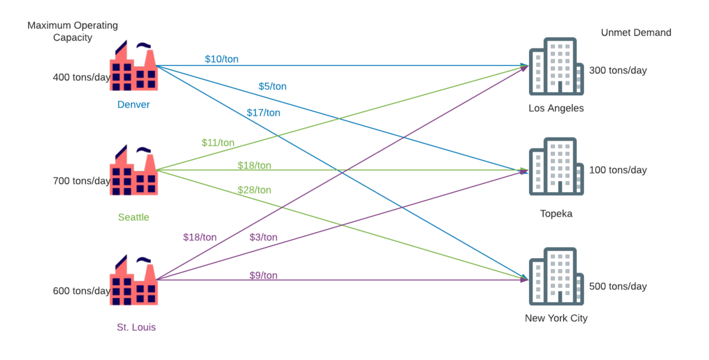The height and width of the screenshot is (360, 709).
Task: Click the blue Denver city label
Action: click(133, 105)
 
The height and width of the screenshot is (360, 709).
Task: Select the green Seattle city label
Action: click(133, 217)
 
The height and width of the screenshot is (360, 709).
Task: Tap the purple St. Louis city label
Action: click(136, 327)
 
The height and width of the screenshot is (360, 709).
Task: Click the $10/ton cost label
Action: click(221, 59)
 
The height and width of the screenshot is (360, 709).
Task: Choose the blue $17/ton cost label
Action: click(263, 113)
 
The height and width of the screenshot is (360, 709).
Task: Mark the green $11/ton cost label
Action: click(218, 143)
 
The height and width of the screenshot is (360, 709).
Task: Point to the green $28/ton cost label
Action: click(254, 190)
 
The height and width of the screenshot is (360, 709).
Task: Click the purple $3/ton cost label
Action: click(263, 237)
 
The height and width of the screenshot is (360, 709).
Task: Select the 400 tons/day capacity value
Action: click(81, 78)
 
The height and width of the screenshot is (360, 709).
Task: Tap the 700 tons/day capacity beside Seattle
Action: click(81, 181)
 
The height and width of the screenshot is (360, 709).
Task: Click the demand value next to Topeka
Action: click(618, 170)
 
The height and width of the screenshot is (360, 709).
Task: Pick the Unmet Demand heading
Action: click(636, 33)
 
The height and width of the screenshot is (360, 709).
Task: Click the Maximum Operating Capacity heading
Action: click(73, 32)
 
